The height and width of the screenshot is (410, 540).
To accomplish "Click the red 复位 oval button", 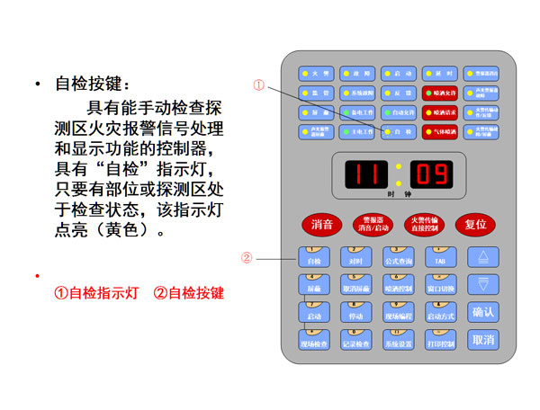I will (473, 224).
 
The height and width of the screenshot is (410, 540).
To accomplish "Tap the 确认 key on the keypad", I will (483, 312).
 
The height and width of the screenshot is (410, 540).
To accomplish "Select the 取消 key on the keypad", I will (483, 341).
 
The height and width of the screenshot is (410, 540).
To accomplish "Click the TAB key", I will (441, 259).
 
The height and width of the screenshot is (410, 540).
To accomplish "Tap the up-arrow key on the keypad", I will (484, 257).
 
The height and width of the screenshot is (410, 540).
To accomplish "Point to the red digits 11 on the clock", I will (361, 173).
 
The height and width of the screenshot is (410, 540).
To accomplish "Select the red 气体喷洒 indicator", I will (441, 131).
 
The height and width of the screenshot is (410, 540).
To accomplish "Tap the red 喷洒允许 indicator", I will (441, 93).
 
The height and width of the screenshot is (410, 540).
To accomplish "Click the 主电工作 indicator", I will (359, 131).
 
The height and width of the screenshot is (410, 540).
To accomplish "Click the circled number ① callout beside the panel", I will (259, 85).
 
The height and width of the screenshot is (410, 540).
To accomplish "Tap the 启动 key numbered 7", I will (314, 314).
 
